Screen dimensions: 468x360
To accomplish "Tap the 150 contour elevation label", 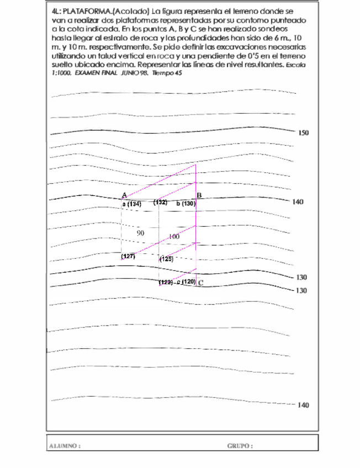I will pos(304,133).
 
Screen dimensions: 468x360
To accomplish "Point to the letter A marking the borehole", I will pos(125,195).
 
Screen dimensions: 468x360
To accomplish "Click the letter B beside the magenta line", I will pos(199,195).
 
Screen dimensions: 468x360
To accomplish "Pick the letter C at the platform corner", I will pos(200,283).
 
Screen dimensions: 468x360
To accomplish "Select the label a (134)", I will pos(132,204).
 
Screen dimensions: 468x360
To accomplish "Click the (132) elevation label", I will pos(161,203).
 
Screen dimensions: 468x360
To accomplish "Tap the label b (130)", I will pos(186,204).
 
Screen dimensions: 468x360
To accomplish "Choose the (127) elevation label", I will pos(129,257).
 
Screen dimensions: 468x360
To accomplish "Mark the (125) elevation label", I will pos(166,258).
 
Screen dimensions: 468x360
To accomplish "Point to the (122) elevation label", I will pos(166,283).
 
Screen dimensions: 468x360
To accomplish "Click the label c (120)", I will pos(187,282).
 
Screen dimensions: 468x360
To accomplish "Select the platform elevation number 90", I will pos(140,233).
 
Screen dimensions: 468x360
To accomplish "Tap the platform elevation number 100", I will pos(174,236).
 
